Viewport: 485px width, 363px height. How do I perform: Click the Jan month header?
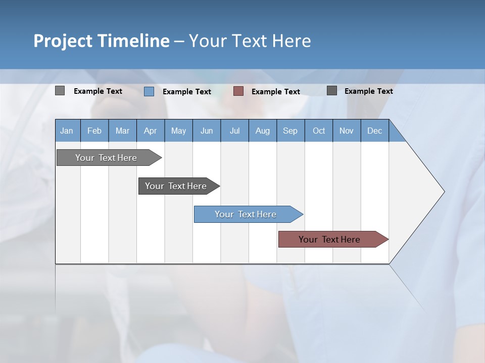tap(67, 131)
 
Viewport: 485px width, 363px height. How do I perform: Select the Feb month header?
tap(94, 131)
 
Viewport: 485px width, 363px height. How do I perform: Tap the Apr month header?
tap(150, 131)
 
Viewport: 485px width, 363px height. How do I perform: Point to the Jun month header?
tap(207, 131)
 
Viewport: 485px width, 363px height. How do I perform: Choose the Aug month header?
tap(262, 131)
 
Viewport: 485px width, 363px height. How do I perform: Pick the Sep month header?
tap(290, 131)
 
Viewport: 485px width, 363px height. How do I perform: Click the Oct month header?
tap(319, 131)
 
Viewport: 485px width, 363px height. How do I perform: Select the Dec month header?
tap(374, 131)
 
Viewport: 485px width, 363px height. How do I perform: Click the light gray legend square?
tap(60, 91)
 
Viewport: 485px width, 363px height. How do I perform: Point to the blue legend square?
tap(149, 91)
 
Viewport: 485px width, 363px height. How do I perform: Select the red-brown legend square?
tap(238, 91)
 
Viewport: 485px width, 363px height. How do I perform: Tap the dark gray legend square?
tap(332, 91)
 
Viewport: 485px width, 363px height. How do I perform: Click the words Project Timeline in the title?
tap(102, 41)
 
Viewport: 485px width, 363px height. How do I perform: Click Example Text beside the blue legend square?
tap(187, 92)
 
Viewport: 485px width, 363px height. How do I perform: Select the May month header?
tap(178, 131)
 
